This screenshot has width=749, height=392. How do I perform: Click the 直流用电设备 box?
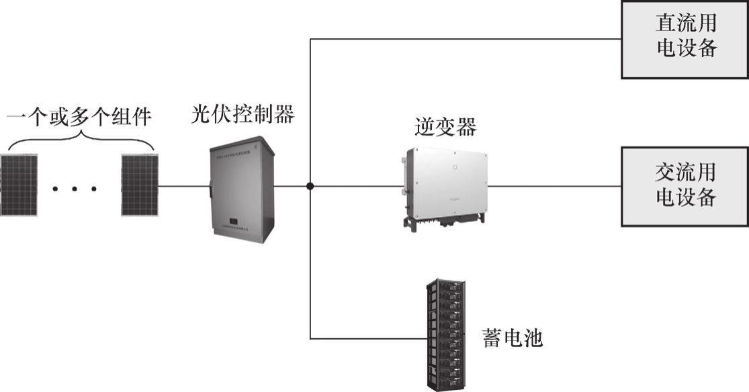[685, 39]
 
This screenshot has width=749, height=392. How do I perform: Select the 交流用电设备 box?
[685, 186]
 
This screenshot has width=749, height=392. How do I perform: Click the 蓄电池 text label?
[512, 338]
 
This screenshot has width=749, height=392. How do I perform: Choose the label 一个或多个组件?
[79, 119]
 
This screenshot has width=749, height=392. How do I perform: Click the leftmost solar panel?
[19, 185]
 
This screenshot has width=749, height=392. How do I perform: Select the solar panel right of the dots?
[140, 185]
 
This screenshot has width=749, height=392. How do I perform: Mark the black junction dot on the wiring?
[310, 186]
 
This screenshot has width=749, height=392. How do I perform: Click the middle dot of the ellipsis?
[75, 189]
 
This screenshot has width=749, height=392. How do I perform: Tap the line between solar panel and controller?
[183, 186]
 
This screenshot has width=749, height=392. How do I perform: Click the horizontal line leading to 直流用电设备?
[464, 39]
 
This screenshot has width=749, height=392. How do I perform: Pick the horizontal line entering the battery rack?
[368, 338]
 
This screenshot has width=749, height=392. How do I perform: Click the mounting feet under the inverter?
[446, 222]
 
